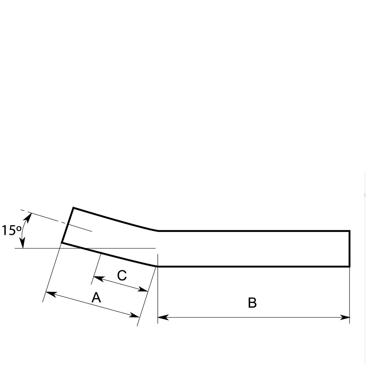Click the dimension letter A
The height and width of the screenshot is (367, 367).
(x=96, y=297)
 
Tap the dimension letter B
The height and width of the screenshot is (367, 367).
(x=252, y=302)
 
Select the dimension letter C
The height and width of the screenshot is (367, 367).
(x=122, y=275)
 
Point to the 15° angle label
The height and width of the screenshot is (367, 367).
(x=12, y=230)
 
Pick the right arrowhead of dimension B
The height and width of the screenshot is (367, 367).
(x=345, y=317)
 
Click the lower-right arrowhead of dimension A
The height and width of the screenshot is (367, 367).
(x=134, y=315)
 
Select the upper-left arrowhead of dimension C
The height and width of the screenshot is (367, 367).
(x=99, y=279)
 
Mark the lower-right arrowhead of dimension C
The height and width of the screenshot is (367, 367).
(x=143, y=289)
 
